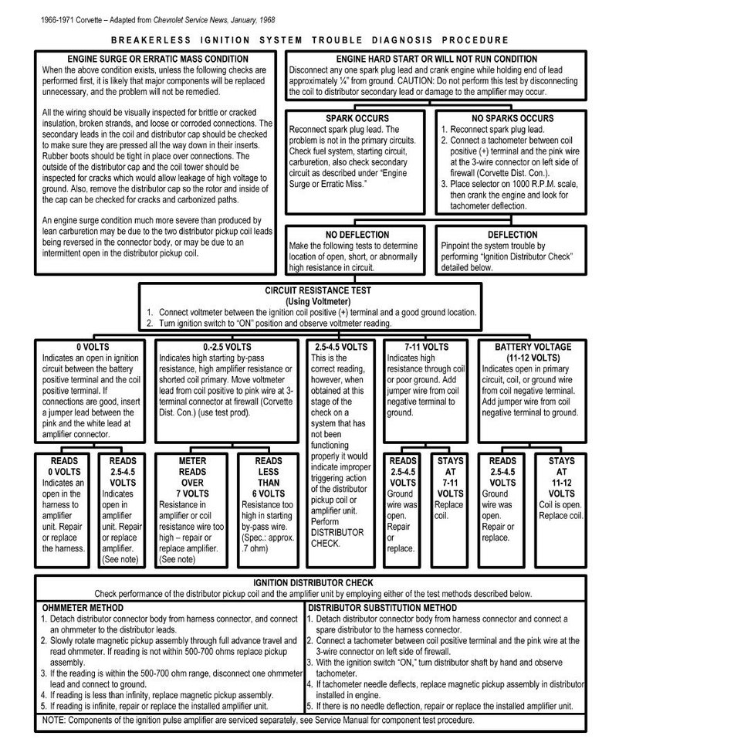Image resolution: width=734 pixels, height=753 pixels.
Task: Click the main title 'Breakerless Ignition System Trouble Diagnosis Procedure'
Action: click(x=309, y=40)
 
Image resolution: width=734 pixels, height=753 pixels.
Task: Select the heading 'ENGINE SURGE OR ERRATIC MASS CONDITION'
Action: click(x=157, y=59)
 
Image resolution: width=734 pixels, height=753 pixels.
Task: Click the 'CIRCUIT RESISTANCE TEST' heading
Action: click(x=310, y=291)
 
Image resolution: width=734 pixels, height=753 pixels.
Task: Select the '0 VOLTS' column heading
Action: click(x=91, y=348)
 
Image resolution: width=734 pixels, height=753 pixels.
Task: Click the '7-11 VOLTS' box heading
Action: click(x=425, y=348)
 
